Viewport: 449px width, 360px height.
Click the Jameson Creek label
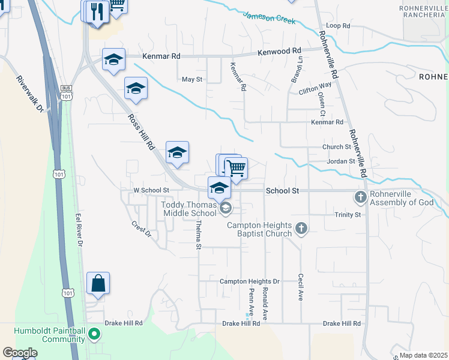[270, 18]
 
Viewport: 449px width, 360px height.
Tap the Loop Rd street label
[338, 26]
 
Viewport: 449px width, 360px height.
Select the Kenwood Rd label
[279, 52]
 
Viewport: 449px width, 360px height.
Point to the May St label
[192, 79]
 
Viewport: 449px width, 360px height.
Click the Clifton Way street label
[315, 92]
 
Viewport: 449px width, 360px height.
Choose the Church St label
[336, 147]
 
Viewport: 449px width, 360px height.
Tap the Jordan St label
[341, 161]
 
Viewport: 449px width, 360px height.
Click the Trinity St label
[348, 214]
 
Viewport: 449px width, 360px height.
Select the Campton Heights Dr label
[250, 281]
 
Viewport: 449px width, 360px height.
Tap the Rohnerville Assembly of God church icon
[360, 197]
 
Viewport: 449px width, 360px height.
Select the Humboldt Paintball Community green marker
[94, 334]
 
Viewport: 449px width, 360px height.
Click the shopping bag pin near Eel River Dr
[98, 283]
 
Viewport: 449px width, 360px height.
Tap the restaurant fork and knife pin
[97, 11]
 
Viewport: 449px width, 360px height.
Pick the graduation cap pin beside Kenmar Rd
[113, 59]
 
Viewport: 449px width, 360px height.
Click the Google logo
[20, 353]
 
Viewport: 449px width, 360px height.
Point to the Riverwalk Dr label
[31, 94]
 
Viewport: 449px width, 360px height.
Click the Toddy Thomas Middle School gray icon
[226, 208]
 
